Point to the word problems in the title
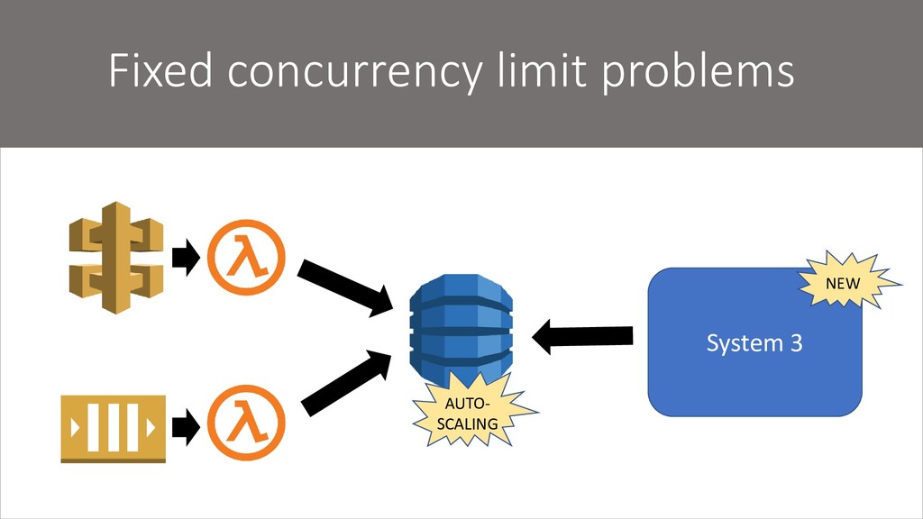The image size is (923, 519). coord(698,73)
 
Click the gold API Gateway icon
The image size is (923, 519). coord(116,258)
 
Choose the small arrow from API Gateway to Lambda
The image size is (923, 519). coord(186,258)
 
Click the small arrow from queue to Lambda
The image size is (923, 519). coord(186,427)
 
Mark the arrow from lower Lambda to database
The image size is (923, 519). coord(345,383)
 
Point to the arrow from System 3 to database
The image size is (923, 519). coord(582,337)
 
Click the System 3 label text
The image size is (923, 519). coord(754,343)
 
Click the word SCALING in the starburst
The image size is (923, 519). coord(467,423)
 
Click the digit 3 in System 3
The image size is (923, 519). coord(795,343)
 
